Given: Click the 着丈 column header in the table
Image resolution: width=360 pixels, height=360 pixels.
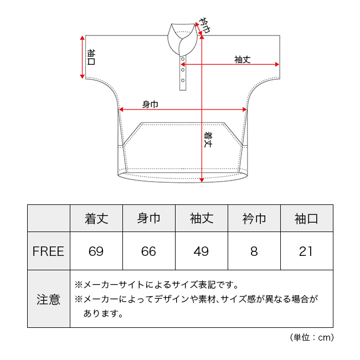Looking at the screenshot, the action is tap(96, 218).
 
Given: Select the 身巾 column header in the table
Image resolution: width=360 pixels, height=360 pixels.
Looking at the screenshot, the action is tap(149, 218).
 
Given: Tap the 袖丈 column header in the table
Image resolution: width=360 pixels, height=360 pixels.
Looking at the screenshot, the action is tap(202, 218).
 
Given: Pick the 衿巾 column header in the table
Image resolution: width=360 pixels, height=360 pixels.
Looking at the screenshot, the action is tap(254, 218).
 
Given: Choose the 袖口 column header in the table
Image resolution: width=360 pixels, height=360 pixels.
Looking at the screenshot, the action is tap(306, 218).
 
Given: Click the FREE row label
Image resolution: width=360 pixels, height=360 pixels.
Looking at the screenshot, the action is tap(48, 251).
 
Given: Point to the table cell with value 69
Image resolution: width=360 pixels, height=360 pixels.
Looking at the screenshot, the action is tap(96, 251).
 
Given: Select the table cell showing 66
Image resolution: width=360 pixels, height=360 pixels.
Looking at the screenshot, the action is tap(148, 251).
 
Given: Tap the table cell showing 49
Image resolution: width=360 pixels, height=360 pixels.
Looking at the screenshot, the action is tap(201, 251).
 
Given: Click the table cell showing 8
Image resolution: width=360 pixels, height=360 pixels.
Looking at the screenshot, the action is tap(254, 251).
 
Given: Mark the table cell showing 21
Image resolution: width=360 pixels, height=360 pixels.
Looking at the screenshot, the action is tap(306, 251).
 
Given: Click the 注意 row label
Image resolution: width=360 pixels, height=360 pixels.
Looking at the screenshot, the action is tap(48, 300).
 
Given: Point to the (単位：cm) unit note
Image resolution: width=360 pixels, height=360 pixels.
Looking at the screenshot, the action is tap(312, 337).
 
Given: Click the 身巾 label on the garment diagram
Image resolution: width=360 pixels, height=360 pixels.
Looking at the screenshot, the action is tap(151, 105).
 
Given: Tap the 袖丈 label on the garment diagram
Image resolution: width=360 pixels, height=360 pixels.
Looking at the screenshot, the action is tap(243, 60).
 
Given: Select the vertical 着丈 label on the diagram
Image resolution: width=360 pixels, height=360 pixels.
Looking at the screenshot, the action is tap(208, 140).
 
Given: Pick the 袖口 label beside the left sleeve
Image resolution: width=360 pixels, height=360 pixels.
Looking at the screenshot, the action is tap(91, 57).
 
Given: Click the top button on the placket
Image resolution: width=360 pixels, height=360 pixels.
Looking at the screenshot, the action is tap(183, 59).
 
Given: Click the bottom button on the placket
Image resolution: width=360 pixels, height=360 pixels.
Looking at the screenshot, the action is tap(183, 80).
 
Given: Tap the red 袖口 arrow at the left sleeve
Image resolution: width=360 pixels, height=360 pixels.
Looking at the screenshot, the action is tap(82, 57).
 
